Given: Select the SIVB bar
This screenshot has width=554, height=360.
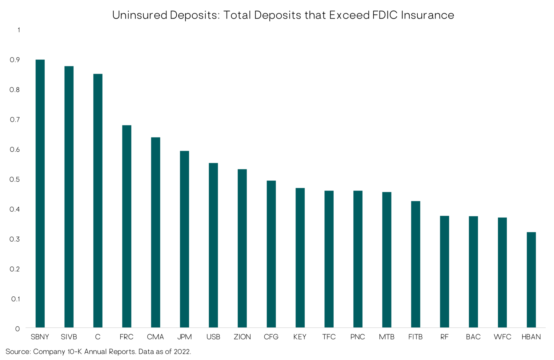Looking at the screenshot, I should [69, 197].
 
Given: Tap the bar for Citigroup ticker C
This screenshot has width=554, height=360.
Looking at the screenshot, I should [98, 200].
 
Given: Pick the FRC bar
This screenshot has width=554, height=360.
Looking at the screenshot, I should [126, 226].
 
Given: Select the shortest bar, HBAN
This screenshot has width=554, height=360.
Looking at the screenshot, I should [531, 280].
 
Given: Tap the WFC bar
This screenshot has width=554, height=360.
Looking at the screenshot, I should [502, 272].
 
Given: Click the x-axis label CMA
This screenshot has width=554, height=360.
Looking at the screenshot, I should [155, 337].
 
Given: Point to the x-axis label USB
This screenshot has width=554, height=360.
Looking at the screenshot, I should [213, 337].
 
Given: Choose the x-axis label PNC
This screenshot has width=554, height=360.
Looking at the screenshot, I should [358, 337].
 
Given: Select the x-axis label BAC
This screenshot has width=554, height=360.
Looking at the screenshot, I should [473, 337].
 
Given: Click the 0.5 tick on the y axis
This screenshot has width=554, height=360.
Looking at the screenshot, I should [15, 179].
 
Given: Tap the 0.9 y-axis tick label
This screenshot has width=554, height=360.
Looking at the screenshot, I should [15, 60].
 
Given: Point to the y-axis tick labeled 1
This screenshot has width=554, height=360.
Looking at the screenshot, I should [19, 30].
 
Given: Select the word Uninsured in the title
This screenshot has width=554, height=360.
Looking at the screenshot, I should [140, 15].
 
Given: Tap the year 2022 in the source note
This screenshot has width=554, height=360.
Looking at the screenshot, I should [182, 351].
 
